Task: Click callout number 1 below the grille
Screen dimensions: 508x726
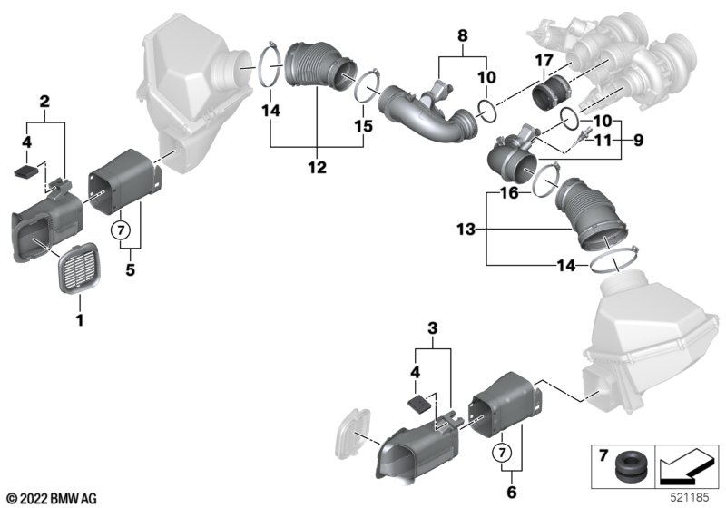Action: (x=79, y=319)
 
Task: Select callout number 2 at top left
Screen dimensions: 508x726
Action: (x=42, y=103)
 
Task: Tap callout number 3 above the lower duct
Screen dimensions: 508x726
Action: (x=432, y=328)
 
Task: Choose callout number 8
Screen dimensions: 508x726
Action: (x=463, y=38)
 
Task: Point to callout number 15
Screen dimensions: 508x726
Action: (x=363, y=127)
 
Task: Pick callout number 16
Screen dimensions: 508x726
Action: (x=511, y=193)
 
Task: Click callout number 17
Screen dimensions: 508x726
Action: (x=543, y=62)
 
